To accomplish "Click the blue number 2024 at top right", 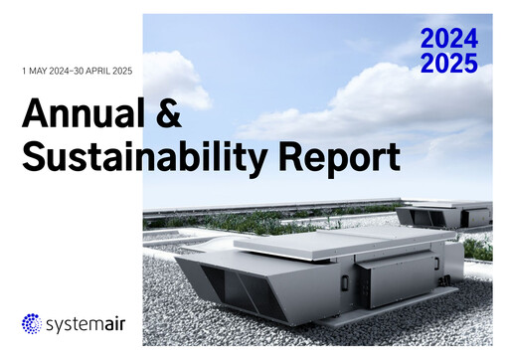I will (x=448, y=40).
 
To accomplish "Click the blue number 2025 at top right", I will (x=448, y=64).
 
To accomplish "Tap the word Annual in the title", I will (x=86, y=115).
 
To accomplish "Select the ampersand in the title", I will (x=169, y=115).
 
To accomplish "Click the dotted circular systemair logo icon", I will (x=33, y=323).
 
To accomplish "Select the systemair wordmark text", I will (x=84, y=324).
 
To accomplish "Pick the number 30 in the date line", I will (x=80, y=72).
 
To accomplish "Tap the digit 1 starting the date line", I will (x=23, y=72).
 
